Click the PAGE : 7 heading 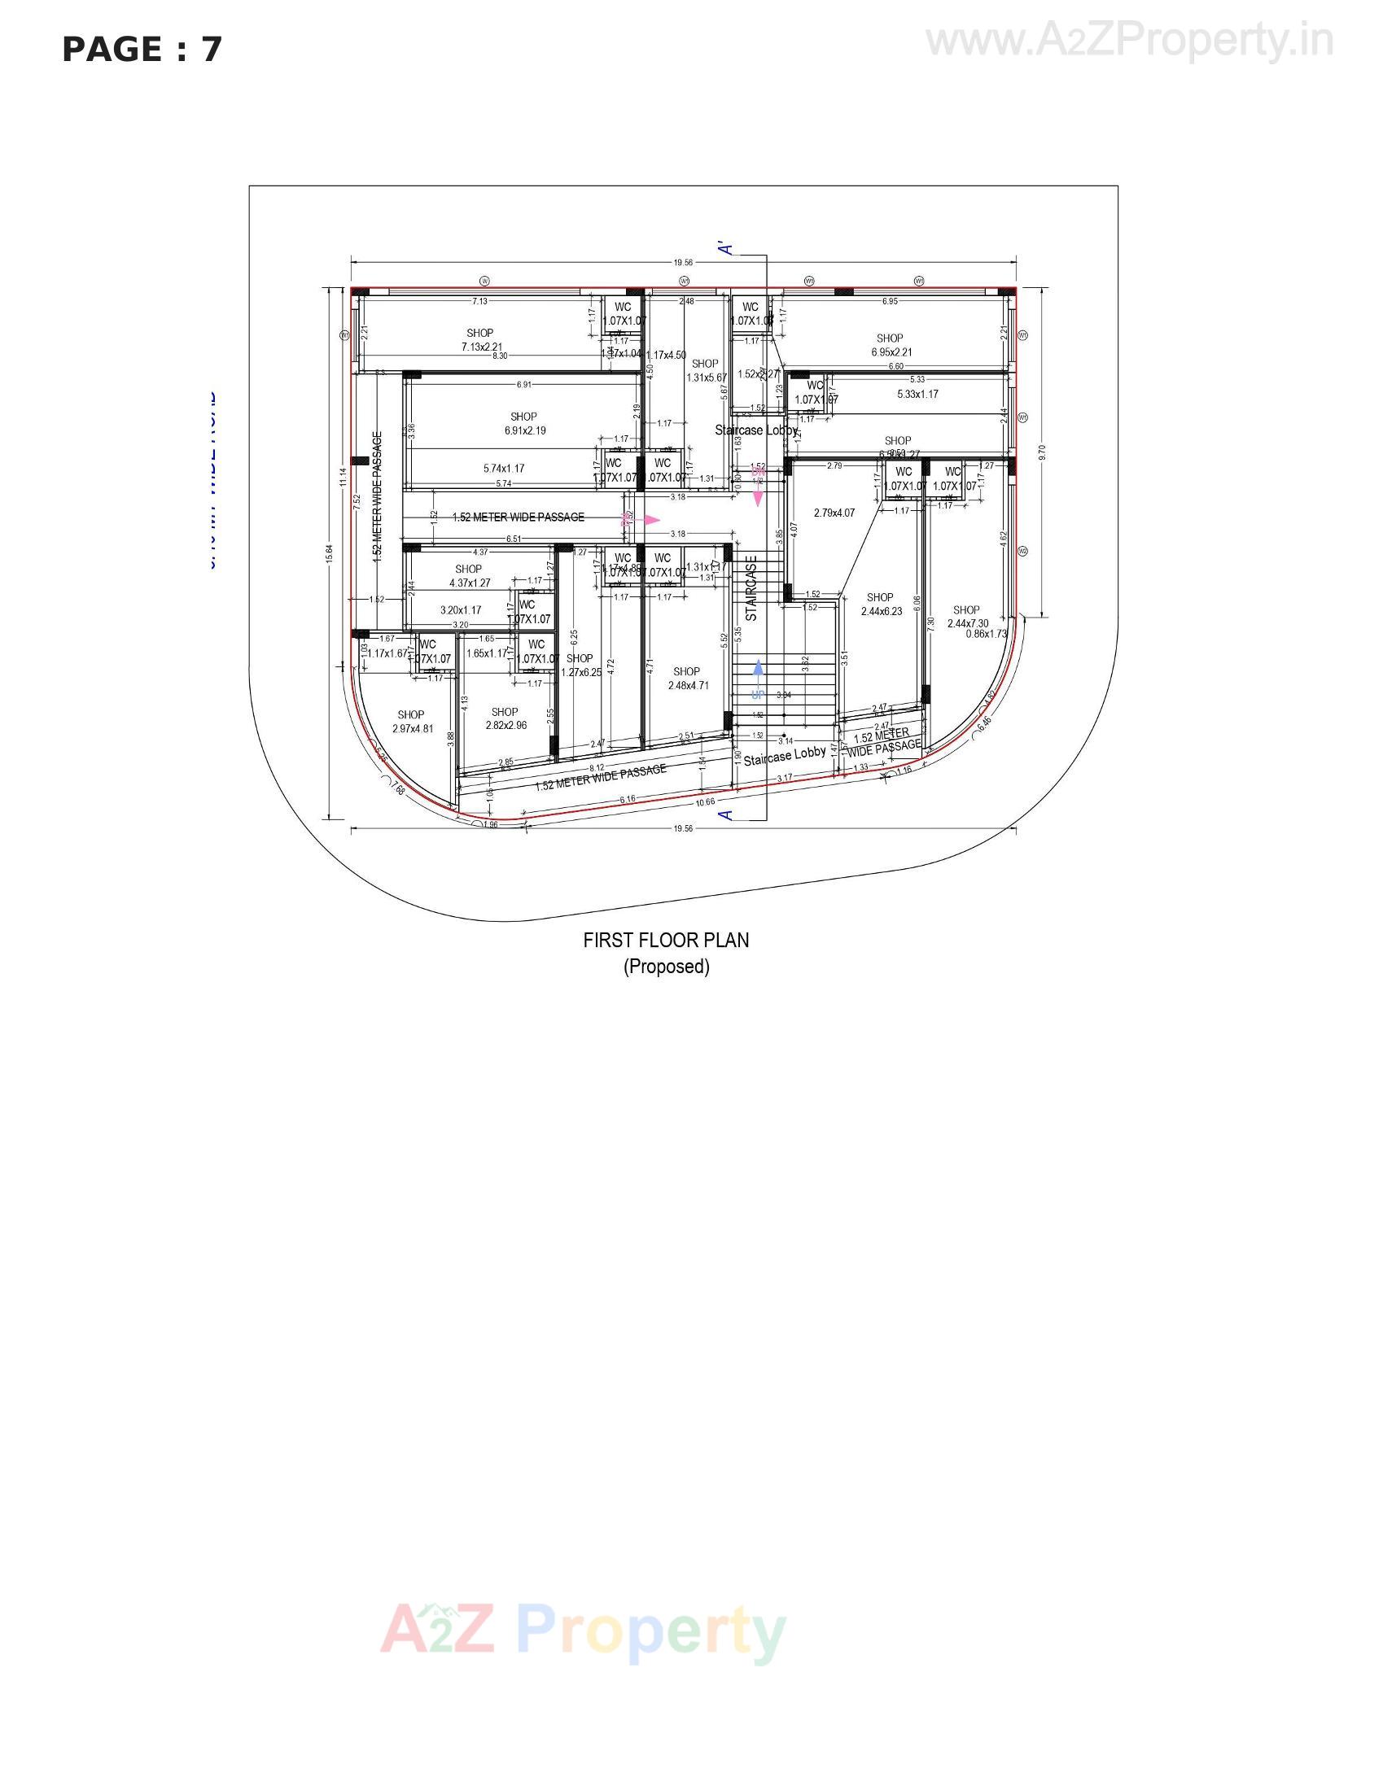142,49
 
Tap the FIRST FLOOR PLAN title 666,940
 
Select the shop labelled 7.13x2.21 480,340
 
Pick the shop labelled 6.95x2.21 891,345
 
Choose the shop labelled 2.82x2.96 505,718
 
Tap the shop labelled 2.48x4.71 687,679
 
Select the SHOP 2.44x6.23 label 881,604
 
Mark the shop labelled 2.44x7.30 967,617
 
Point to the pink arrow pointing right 651,520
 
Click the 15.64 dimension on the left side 329,554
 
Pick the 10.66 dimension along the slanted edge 705,801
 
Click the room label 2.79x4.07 834,513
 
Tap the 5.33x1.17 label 917,395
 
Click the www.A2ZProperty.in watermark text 1129,41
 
